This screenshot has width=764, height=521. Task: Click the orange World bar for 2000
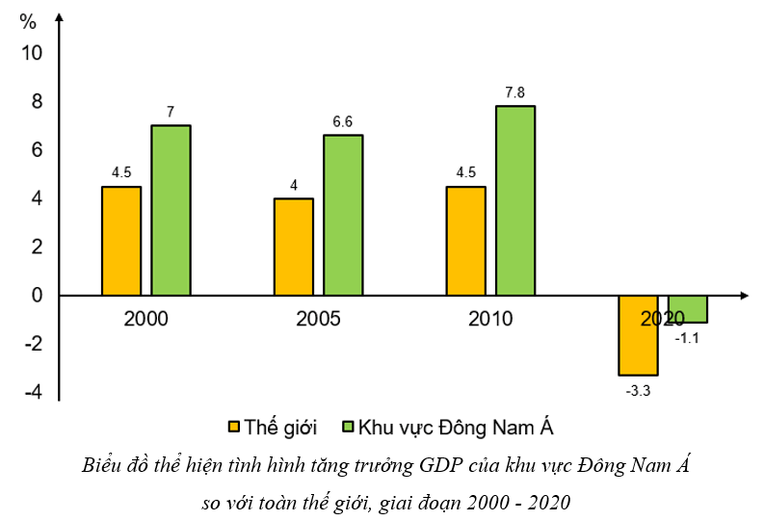121,241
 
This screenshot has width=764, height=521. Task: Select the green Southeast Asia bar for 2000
171,210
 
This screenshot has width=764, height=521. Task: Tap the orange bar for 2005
294,247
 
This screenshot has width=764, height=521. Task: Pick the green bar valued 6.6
343,215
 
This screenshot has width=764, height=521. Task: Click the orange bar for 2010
466,241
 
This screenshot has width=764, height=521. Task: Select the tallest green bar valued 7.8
515,200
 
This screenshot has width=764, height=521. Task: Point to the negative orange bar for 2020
638,335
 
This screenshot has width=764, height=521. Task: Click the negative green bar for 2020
688,309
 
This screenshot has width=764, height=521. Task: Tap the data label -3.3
638,391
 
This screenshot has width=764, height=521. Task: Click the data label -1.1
688,338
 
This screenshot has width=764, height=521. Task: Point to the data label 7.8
515,92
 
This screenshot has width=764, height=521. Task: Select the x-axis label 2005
319,319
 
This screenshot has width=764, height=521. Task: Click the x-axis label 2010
490,319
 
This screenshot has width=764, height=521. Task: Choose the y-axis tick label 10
33,53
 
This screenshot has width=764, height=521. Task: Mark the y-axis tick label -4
33,393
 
